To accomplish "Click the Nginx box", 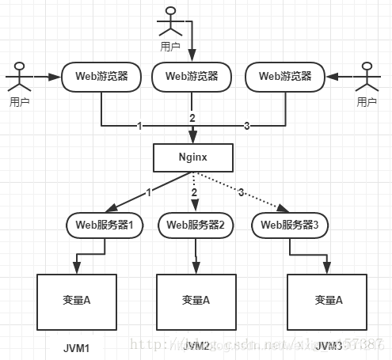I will click(x=193, y=157).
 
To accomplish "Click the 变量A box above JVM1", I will click(x=77, y=301).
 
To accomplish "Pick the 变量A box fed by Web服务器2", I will click(x=196, y=301).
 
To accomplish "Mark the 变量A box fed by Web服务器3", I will click(x=326, y=301).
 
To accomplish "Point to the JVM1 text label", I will click(x=78, y=347).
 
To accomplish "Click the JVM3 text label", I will click(x=327, y=347).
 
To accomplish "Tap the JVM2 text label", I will click(x=196, y=347).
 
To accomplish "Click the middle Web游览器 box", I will click(x=197, y=77).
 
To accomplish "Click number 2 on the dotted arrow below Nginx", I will click(x=193, y=191).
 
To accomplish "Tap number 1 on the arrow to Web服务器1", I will click(x=148, y=192).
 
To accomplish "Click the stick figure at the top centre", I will click(x=169, y=20).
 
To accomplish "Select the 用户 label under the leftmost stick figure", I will click(x=20, y=102).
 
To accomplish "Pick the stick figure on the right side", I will click(x=364, y=78).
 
